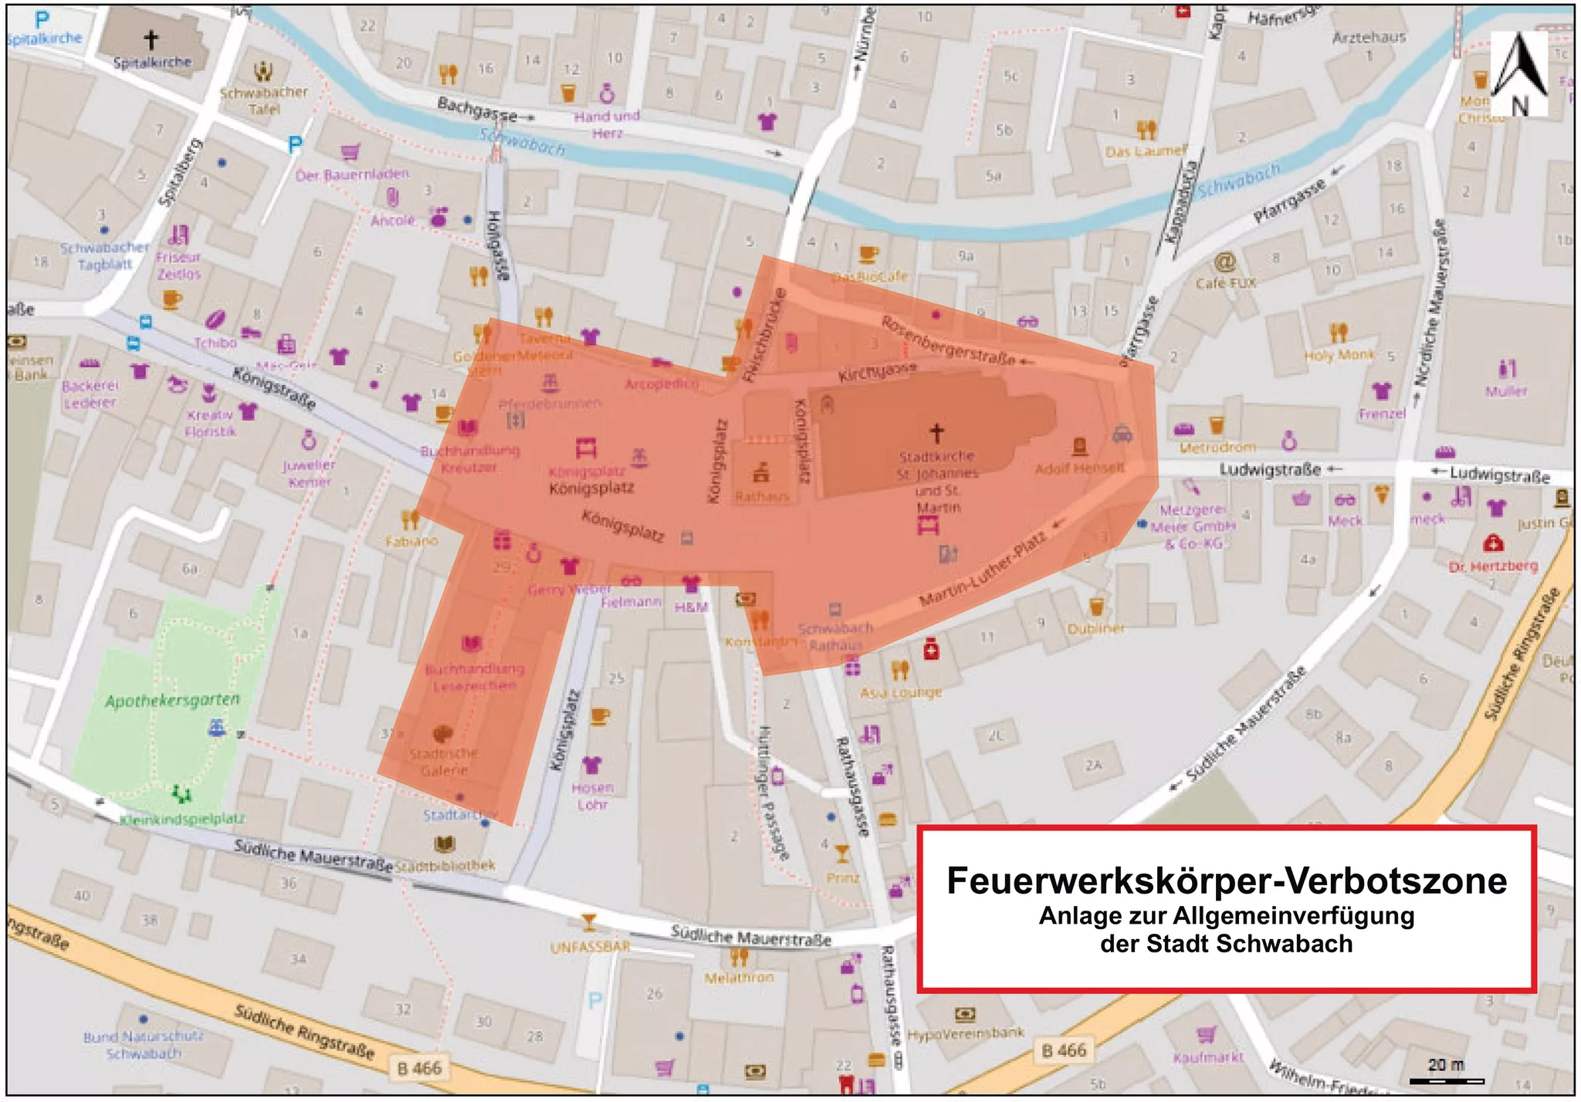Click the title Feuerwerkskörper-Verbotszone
click(1226, 881)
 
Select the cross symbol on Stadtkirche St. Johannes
click(936, 433)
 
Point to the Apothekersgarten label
click(173, 701)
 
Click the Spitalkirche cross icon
click(151, 39)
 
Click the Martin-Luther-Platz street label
click(982, 570)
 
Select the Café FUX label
click(1226, 283)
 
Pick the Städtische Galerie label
click(444, 762)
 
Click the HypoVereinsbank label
click(966, 1033)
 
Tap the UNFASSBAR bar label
click(590, 947)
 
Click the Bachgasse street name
click(477, 109)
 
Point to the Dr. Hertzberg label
click(1493, 566)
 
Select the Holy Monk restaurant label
click(1339, 355)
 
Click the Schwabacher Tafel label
click(264, 100)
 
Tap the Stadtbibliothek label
click(445, 866)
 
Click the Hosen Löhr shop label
click(592, 796)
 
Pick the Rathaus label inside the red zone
click(761, 496)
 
